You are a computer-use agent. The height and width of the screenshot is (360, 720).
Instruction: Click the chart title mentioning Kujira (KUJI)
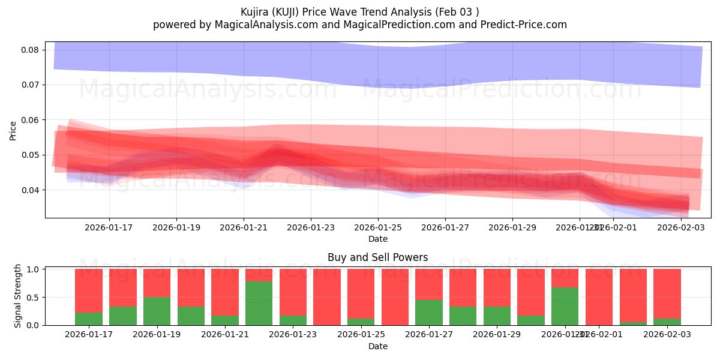360,12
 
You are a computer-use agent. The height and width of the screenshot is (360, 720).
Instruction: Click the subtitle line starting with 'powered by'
360,25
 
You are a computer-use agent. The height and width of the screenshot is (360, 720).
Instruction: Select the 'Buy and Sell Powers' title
378,257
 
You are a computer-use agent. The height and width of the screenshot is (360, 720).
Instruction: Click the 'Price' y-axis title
13,130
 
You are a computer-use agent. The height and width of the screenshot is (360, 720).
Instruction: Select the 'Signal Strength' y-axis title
18,295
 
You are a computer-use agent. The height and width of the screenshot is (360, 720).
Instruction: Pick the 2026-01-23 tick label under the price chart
311,227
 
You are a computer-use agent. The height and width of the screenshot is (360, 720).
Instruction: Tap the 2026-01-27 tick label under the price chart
445,227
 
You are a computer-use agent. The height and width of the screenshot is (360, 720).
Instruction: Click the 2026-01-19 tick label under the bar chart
157,335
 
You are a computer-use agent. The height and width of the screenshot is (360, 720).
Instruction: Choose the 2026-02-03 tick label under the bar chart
667,335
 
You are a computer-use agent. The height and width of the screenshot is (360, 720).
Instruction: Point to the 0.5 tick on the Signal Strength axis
33,297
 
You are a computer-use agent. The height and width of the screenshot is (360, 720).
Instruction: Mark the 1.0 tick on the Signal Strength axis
33,269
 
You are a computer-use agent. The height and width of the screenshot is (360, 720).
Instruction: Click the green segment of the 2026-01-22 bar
259,303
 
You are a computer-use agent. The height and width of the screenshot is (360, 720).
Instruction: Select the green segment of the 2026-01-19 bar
157,311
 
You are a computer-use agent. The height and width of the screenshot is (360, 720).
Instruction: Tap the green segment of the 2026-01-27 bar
429,313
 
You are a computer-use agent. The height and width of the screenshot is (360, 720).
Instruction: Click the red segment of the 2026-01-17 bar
88,290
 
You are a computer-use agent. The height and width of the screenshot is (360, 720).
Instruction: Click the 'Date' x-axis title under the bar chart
378,346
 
